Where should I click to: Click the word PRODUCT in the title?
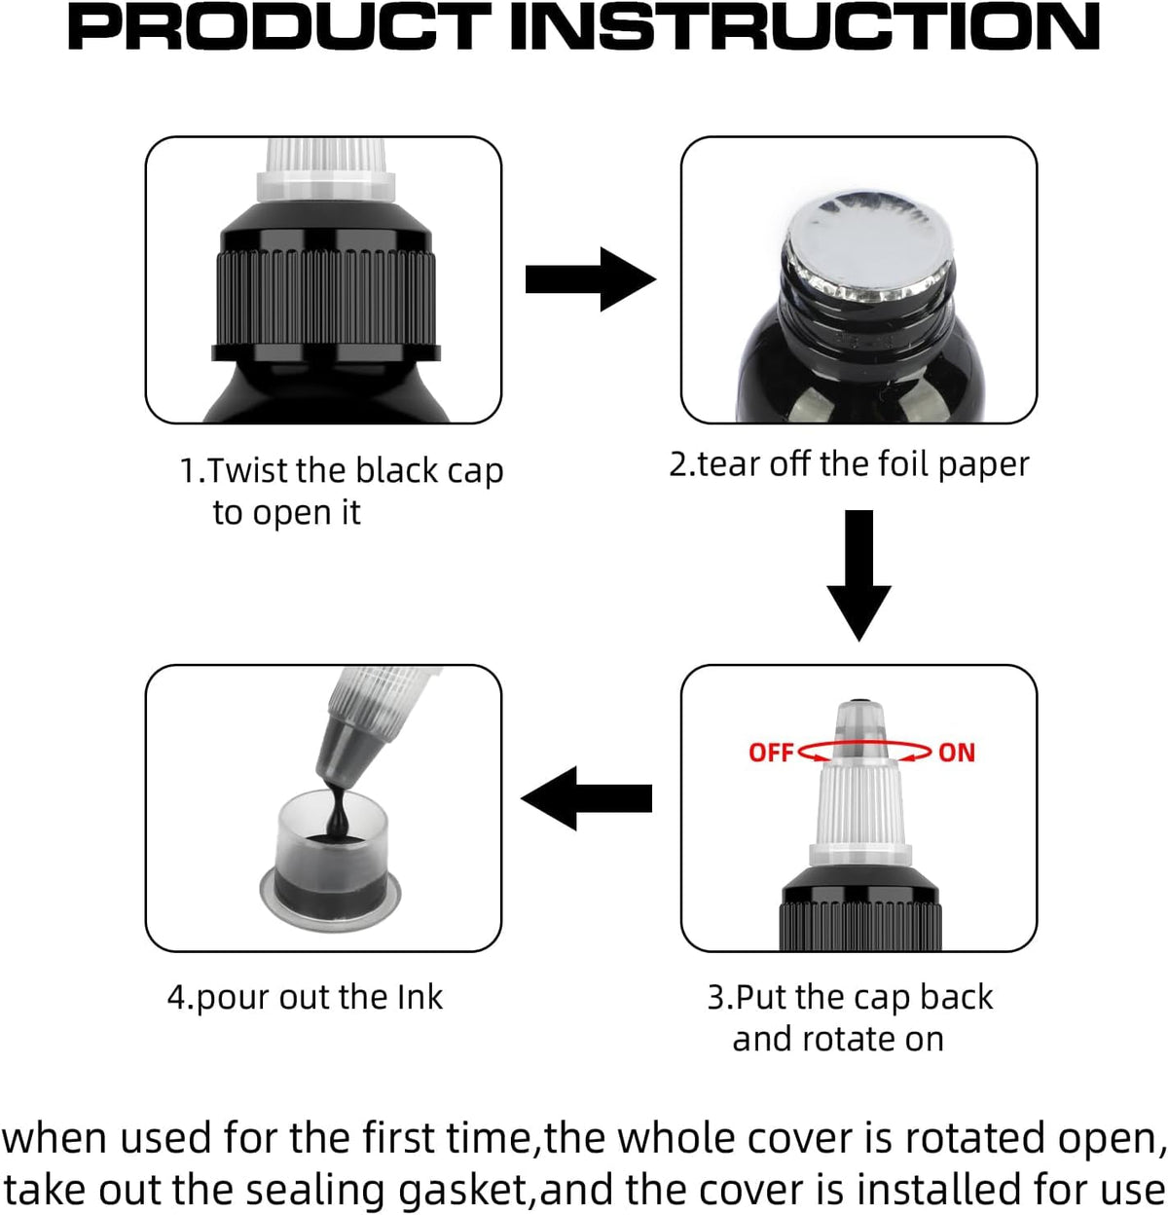279,28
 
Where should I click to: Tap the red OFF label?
770,753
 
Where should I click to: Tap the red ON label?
957,753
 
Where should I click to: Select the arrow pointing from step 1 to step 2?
591,279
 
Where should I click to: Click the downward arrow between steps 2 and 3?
859,575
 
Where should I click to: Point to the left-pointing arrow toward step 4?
586,798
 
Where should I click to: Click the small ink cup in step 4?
330,860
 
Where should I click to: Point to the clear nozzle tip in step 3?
859,729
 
